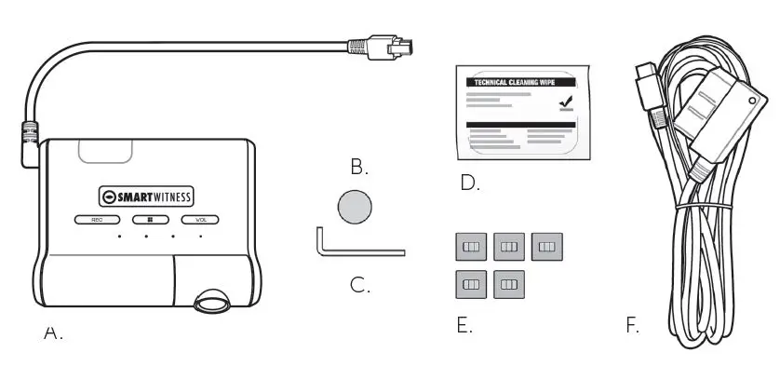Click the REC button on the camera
pos(95,221)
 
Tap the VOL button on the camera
pos(199,221)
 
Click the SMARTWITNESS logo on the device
pos(148,197)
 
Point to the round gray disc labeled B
pos(353,205)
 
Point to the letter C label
pos(360,284)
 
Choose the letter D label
pos(470,183)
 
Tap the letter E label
pos(464,326)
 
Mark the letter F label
pos(633,326)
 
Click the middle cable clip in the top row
pos(509,246)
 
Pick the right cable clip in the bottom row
pos(509,282)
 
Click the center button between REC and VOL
pos(147,221)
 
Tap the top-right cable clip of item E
pos(546,246)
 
